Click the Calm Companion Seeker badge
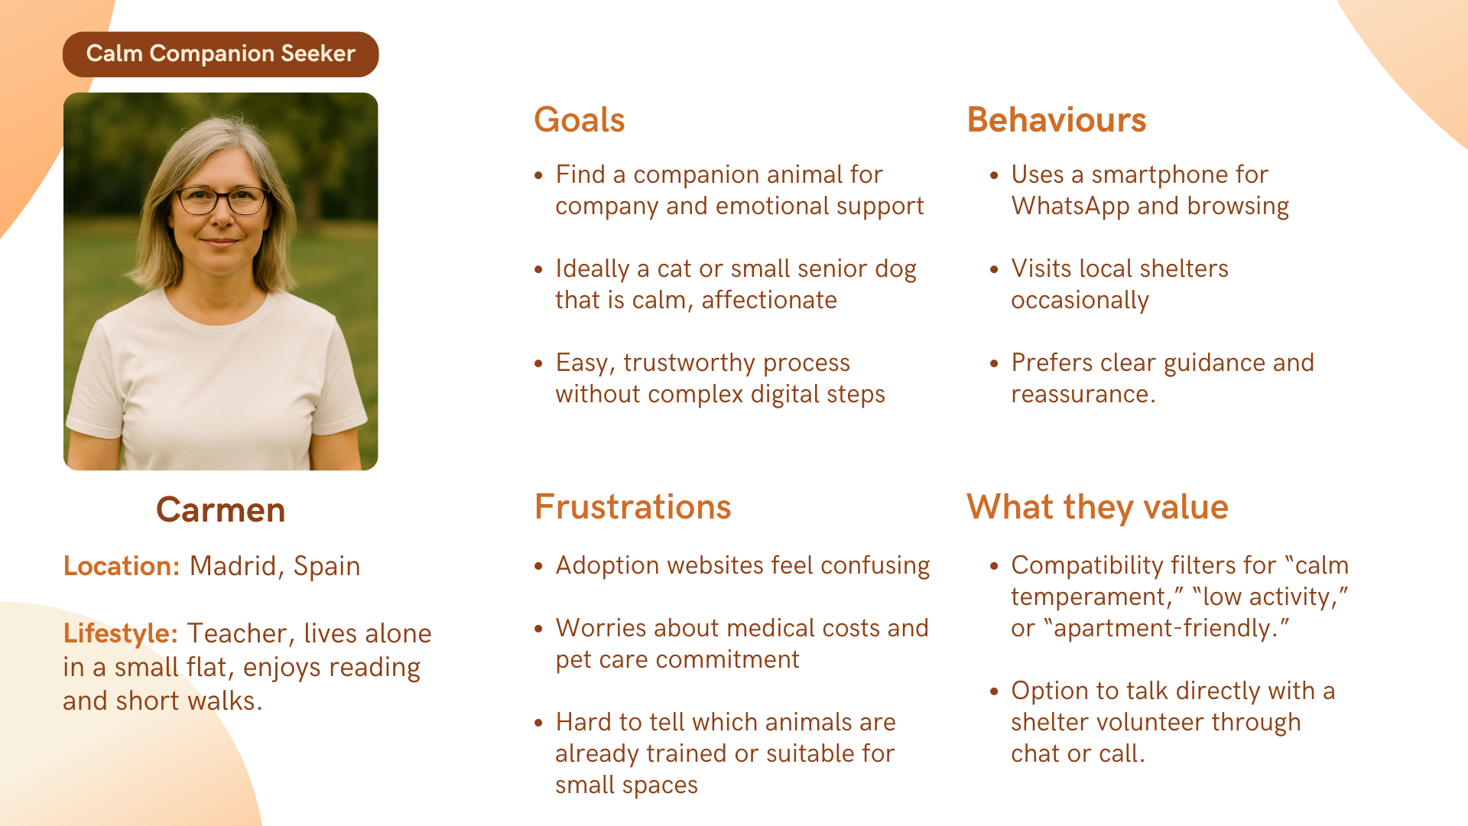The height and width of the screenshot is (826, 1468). (x=221, y=54)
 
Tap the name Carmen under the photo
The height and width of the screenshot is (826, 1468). (x=221, y=509)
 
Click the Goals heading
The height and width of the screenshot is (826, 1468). (x=580, y=120)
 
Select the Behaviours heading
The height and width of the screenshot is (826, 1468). (x=1057, y=120)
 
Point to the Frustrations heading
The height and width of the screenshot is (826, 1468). (x=633, y=506)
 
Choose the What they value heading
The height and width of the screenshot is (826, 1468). (x=1097, y=506)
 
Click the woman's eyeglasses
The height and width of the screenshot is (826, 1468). (x=222, y=200)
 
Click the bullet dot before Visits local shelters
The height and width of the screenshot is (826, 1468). (x=994, y=269)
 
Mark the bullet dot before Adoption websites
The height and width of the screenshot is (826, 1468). (x=538, y=566)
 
